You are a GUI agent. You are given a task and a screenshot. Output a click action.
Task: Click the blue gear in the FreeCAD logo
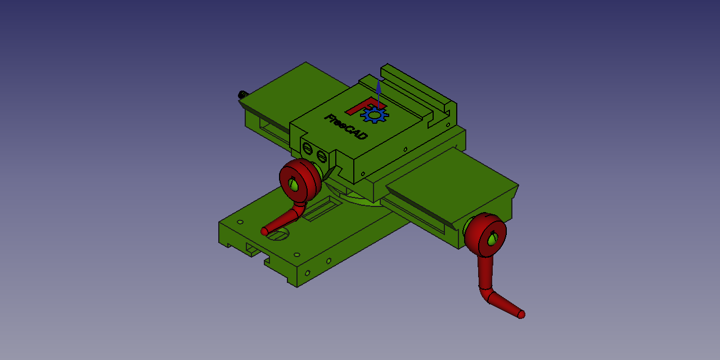tap(374, 115)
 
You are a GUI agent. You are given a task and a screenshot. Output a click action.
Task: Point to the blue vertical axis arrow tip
tap(379, 85)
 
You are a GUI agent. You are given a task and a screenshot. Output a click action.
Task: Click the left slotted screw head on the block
tap(307, 149)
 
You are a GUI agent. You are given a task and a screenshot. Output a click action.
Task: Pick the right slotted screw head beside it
tap(321, 156)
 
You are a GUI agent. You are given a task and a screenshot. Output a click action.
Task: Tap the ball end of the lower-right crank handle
tap(521, 314)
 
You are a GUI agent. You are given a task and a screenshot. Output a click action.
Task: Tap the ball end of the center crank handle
tap(264, 231)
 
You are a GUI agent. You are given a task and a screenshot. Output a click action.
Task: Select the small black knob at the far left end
tap(243, 94)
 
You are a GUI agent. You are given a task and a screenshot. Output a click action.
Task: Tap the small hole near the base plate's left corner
tap(240, 222)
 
